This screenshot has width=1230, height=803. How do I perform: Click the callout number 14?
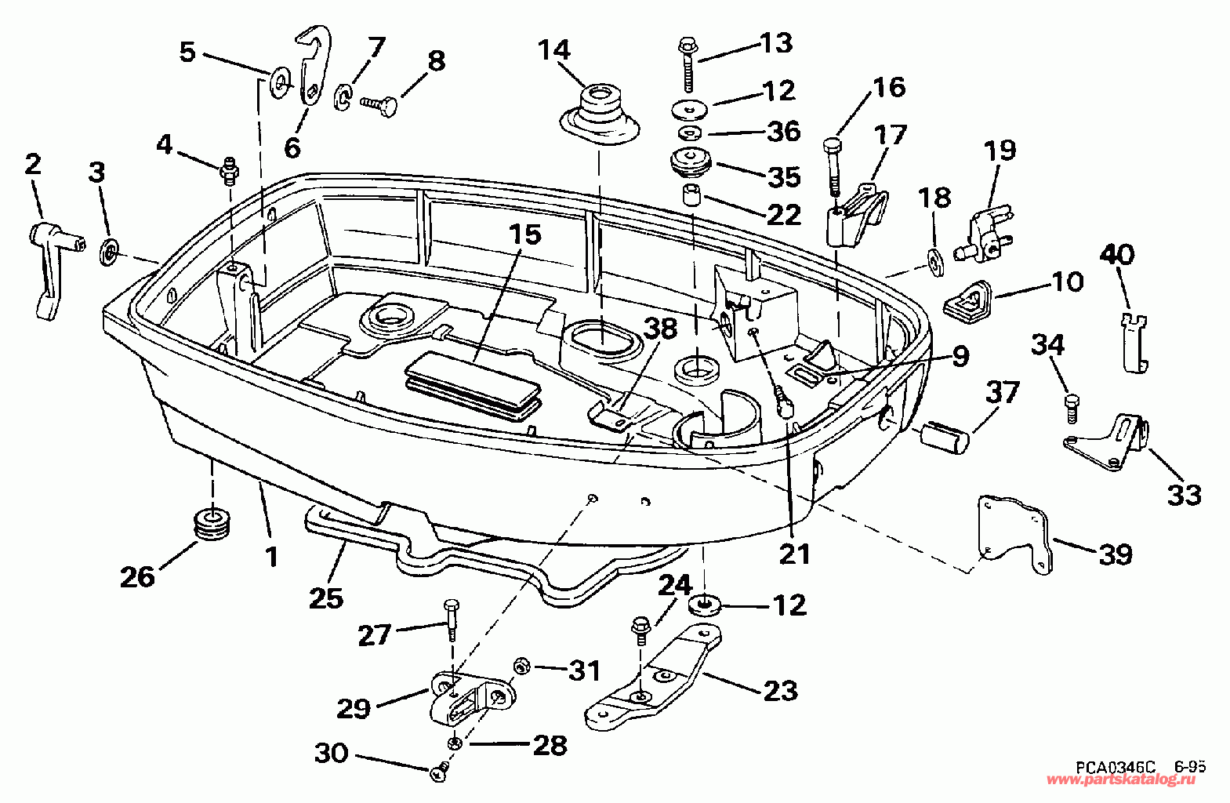[554, 50]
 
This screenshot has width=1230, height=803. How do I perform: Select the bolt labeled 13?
[688, 65]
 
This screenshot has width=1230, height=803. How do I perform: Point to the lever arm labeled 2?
[53, 268]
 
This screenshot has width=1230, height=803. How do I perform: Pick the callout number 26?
[137, 576]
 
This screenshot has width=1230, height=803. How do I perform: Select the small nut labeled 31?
[521, 667]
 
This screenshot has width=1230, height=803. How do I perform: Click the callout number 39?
[1116, 554]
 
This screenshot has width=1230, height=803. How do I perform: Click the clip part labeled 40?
[1132, 343]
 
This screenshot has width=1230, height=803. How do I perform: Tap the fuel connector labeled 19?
[988, 234]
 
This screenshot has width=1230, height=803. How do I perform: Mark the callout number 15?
[525, 235]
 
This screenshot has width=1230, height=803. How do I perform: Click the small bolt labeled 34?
[1072, 408]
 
